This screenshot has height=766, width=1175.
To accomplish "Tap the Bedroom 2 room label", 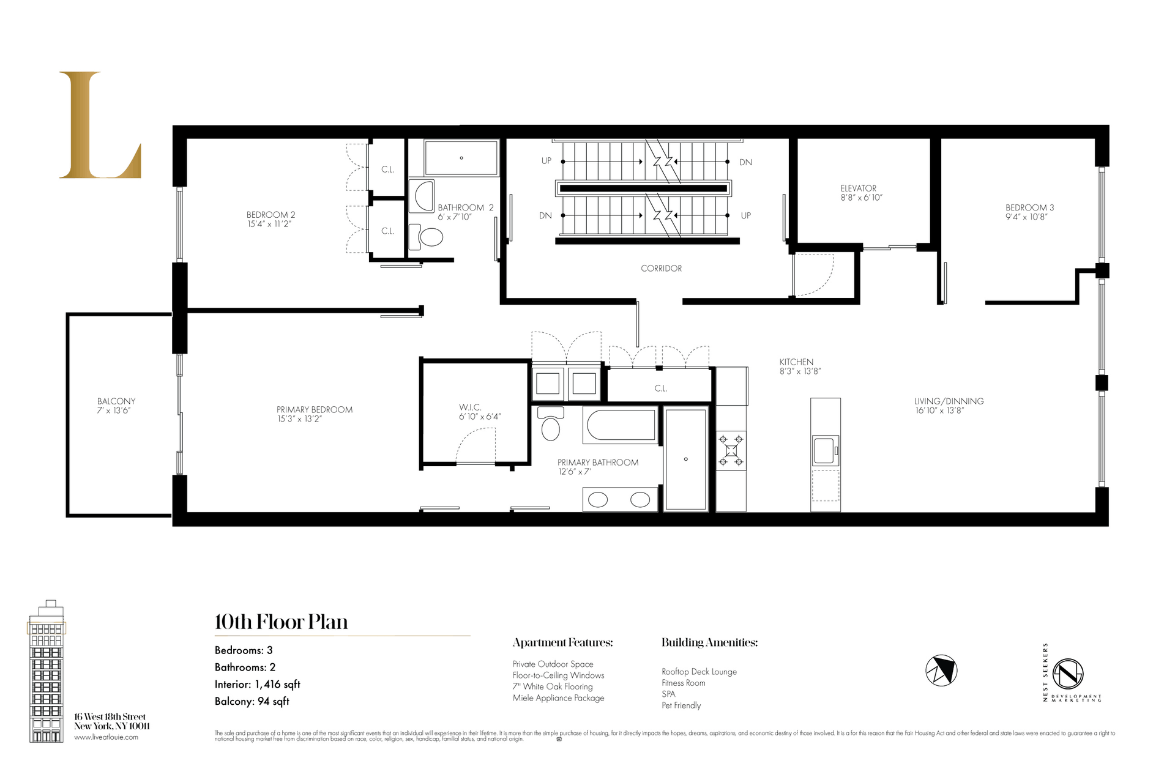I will point(270,215).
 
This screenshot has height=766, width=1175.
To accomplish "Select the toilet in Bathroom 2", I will point(428,237).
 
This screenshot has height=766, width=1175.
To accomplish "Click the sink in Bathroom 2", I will point(422,195).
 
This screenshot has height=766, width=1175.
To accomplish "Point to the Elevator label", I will point(858,188).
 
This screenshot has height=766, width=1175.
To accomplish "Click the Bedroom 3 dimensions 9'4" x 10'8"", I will point(1026,217).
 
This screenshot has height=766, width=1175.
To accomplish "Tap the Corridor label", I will point(661,269).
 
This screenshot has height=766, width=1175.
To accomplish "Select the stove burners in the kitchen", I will point(731,450).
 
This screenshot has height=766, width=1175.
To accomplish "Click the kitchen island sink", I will point(824,450).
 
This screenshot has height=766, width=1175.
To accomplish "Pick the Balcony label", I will point(116,401).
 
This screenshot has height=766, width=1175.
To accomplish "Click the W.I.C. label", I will point(470,407).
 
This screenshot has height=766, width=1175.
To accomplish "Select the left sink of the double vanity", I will point(598,500).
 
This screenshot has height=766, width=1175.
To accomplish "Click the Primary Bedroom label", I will point(314,410).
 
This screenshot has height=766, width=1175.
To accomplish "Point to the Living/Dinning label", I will point(949,401).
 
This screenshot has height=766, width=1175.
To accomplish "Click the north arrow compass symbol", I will point(941,671).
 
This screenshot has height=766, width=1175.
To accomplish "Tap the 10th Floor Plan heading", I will point(281,622).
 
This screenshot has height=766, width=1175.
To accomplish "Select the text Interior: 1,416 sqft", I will point(257,685).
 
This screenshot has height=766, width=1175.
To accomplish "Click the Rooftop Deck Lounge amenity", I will point(699,672).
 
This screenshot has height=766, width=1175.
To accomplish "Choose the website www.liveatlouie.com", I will point(106,737).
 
